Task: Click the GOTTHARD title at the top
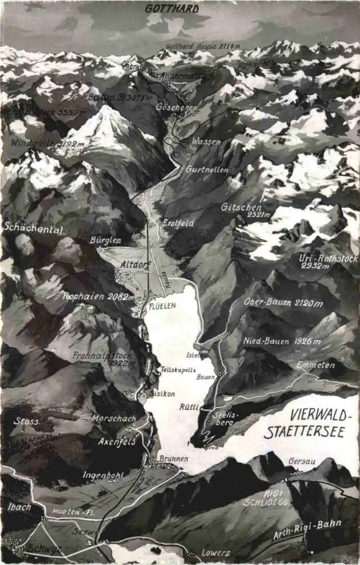(172, 9)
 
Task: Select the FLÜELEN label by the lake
(162, 305)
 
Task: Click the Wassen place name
(206, 142)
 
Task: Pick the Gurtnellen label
(207, 169)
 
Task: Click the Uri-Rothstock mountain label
(323, 258)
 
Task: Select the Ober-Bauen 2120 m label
(283, 303)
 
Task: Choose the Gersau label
(302, 461)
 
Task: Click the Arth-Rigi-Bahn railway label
(307, 529)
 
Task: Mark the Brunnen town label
(173, 458)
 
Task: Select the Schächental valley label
(33, 229)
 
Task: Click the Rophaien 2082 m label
(98, 296)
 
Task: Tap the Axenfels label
(117, 441)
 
